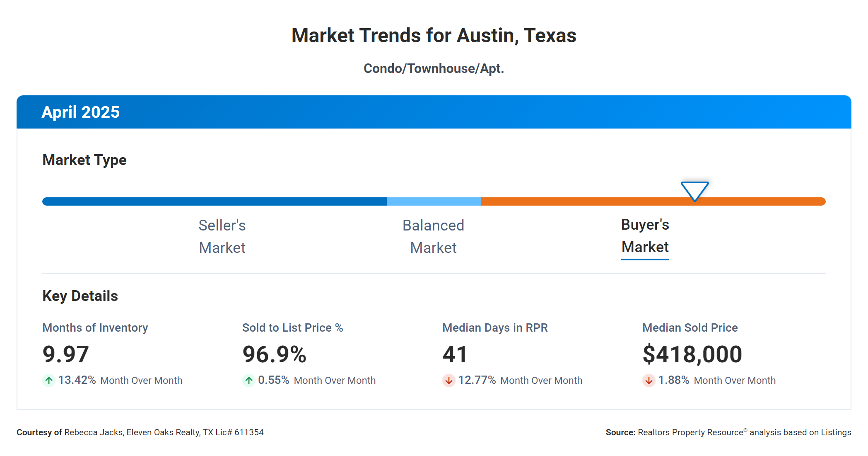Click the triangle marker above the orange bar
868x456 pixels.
(x=694, y=190)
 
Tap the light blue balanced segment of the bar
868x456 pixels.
(x=434, y=201)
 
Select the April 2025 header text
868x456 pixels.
(x=80, y=112)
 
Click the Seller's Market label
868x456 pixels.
(x=222, y=236)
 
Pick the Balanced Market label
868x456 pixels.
(x=433, y=236)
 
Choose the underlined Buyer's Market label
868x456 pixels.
(x=645, y=236)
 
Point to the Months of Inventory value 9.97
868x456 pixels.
(x=65, y=354)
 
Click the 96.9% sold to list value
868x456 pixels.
(x=274, y=354)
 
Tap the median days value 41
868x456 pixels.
(x=455, y=354)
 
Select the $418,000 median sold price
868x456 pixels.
(x=692, y=354)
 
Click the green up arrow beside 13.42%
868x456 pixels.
(x=49, y=380)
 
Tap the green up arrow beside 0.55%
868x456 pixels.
(x=249, y=380)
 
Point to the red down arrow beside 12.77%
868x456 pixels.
(x=448, y=380)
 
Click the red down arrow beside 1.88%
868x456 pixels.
(x=649, y=380)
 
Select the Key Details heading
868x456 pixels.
(x=80, y=296)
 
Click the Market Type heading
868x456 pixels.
(x=84, y=160)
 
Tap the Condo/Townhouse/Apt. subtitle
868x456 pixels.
(x=434, y=68)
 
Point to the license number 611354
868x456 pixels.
(x=249, y=432)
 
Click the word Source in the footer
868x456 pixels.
(x=620, y=432)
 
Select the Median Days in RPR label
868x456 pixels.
(x=495, y=327)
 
